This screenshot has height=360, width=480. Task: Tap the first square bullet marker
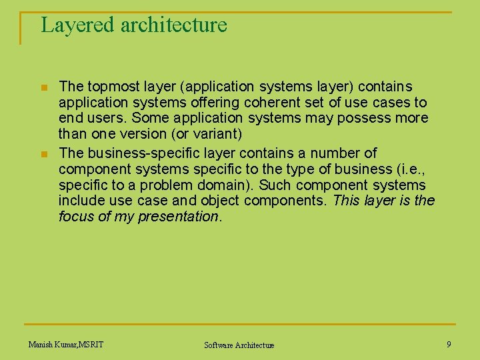[x=44, y=88]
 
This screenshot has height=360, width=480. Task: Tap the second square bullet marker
[x=44, y=154]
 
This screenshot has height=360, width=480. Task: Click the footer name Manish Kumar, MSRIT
[x=66, y=344]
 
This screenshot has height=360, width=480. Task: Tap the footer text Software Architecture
[x=239, y=345]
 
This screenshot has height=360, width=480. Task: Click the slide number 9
[x=449, y=344]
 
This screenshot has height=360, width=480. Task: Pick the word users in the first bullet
[x=105, y=119]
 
